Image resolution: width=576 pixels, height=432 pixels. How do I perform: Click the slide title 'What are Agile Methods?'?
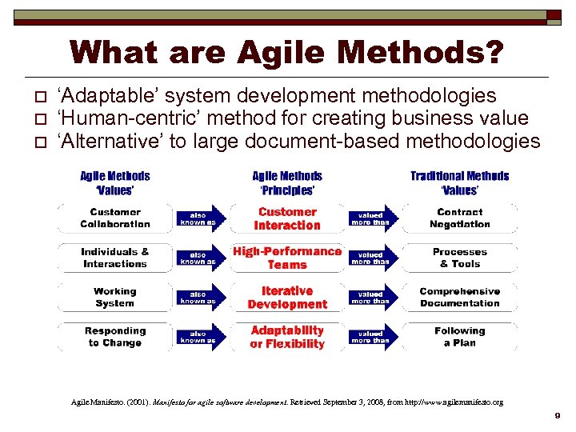tap(287, 53)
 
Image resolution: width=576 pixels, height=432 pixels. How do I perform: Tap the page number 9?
tap(558, 416)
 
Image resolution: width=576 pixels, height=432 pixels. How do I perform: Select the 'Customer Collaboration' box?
tap(115, 218)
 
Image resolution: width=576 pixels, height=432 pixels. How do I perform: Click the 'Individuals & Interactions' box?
tap(115, 258)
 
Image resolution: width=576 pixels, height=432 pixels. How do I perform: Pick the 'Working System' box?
tap(115, 298)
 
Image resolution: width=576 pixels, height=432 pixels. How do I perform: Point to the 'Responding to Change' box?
tap(115, 337)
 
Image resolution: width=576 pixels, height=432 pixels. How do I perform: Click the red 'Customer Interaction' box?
tap(287, 218)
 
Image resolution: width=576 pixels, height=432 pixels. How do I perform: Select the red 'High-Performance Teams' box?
tap(287, 258)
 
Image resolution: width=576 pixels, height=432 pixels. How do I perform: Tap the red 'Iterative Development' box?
tap(287, 298)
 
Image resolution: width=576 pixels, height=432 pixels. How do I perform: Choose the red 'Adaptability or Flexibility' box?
tap(287, 337)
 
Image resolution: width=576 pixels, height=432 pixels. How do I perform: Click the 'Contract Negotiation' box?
tap(459, 218)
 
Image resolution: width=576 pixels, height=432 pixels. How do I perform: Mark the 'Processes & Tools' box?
tap(459, 258)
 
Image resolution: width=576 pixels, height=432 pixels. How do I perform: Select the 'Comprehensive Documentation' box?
tap(459, 298)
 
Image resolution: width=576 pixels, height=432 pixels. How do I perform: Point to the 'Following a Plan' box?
tap(459, 337)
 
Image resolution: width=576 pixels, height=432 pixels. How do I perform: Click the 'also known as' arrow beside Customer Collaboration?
tap(198, 218)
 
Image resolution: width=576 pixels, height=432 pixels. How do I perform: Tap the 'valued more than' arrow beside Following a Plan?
tap(370, 337)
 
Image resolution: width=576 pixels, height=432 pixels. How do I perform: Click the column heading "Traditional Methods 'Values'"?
tap(459, 183)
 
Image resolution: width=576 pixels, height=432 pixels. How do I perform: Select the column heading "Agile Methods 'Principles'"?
tap(287, 183)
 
